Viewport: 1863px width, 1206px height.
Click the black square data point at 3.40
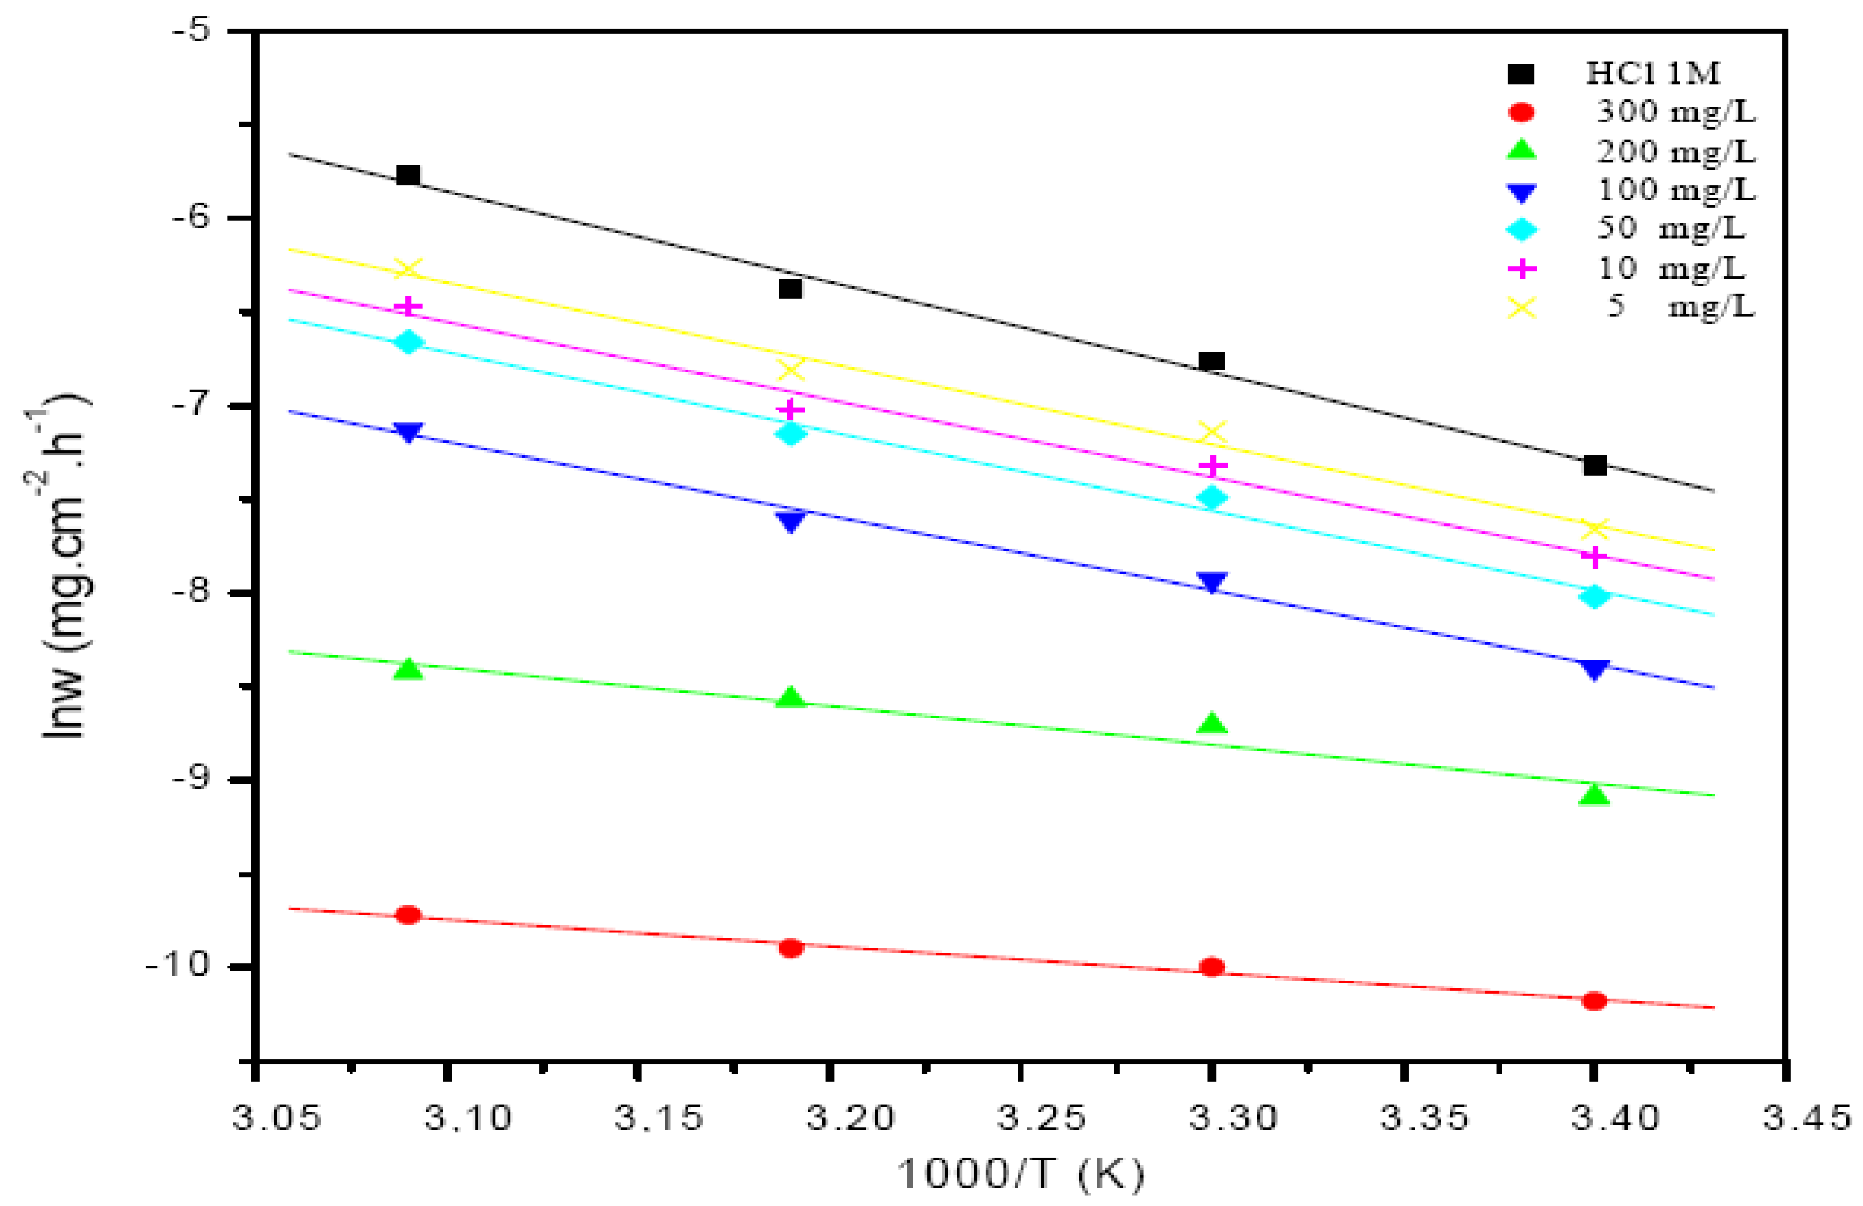1595,466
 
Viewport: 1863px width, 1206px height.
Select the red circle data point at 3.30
1212,967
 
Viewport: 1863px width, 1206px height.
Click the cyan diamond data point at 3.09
408,343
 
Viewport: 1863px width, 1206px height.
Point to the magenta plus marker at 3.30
1212,466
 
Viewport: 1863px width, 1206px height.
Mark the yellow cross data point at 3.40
1595,530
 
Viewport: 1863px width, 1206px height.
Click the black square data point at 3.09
408,174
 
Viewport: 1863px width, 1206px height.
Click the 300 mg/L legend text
1675,112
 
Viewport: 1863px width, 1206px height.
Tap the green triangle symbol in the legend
1521,150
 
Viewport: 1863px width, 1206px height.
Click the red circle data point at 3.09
408,915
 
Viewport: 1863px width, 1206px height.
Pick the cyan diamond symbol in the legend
1521,229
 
